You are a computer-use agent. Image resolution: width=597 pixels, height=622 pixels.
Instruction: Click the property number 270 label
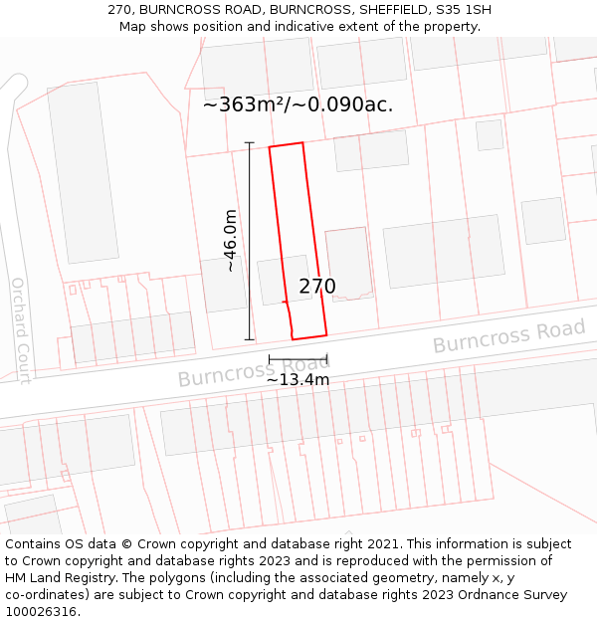317,287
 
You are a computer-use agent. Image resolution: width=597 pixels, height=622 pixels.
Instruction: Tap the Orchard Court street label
20,328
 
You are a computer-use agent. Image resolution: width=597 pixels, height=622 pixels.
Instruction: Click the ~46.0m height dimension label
231,240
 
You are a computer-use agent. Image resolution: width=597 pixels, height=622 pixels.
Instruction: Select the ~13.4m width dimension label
298,379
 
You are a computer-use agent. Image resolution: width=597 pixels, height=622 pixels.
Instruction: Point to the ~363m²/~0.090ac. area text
298,104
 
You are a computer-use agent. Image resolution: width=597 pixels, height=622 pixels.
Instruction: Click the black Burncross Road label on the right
508,336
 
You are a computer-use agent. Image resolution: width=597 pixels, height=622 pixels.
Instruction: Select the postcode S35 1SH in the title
463,10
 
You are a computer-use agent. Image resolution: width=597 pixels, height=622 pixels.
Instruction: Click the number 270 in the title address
119,10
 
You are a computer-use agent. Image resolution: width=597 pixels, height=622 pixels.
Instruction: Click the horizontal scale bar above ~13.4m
298,358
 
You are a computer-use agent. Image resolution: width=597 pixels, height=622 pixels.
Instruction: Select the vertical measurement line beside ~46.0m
250,241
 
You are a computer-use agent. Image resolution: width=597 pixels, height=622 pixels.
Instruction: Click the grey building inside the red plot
284,280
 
